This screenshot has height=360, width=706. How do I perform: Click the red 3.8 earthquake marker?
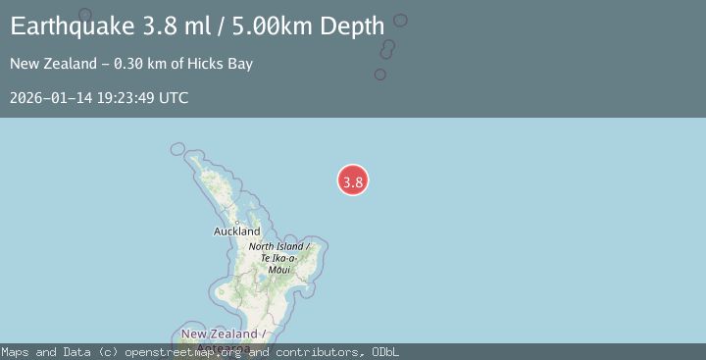pyautogui.click(x=353, y=180)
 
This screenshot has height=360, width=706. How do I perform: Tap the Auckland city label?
pyautogui.click(x=236, y=231)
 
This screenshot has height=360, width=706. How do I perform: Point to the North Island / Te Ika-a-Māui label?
pyautogui.click(x=279, y=257)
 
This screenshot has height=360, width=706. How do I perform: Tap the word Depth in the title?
pyautogui.click(x=351, y=26)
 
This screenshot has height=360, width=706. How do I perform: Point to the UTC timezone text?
pyautogui.click(x=173, y=98)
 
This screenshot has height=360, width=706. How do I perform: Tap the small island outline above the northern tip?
pyautogui.click(x=177, y=149)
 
